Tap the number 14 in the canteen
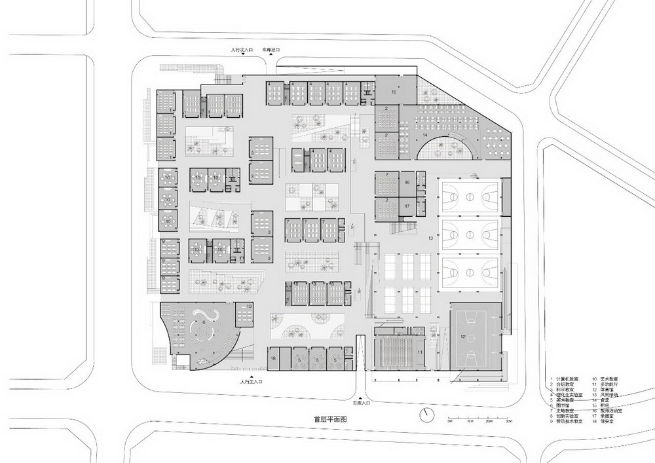(424, 135)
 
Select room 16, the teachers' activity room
(407, 183)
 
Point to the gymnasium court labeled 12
(463, 337)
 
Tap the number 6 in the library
(204, 322)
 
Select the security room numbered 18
(274, 359)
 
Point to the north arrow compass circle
(427, 415)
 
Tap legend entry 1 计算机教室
(567, 379)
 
